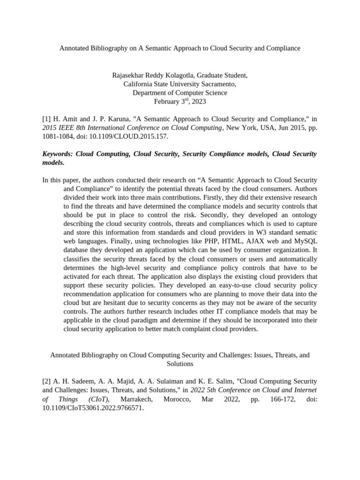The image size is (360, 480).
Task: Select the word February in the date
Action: [167, 101]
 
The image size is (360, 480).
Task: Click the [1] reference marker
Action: [46, 119]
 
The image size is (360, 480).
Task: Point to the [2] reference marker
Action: [46, 382]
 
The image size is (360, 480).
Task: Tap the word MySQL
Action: [306, 241]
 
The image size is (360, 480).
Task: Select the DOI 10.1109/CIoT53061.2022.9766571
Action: [93, 408]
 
